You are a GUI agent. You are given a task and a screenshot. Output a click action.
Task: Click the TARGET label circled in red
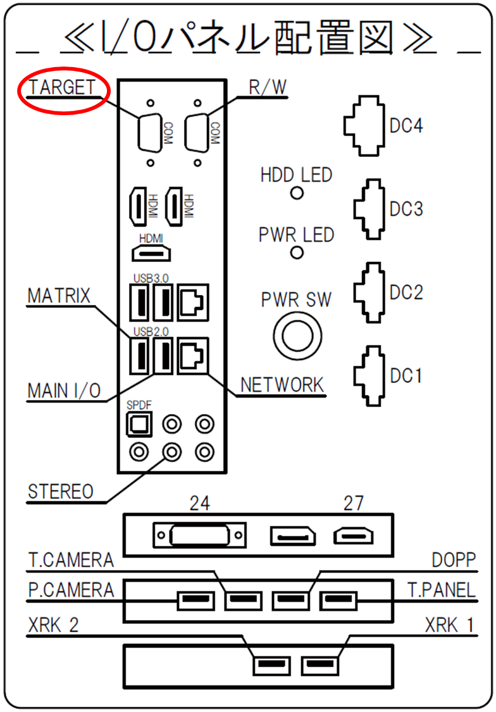coord(62,87)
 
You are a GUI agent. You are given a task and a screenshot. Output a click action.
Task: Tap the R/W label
coord(268,87)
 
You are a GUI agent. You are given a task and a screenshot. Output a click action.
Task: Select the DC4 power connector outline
coord(364,126)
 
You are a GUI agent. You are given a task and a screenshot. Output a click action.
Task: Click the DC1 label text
coord(406,376)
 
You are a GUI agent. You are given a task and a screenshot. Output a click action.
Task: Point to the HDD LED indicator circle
coord(297,193)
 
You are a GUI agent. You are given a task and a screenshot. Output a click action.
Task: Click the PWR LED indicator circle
coord(297,253)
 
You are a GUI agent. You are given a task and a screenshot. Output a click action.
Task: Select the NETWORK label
coord(282,385)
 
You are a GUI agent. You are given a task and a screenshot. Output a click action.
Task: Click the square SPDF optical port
coord(139,424)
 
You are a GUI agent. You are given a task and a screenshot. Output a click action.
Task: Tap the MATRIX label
coord(59,296)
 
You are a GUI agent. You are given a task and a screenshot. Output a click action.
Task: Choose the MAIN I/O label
coord(64,390)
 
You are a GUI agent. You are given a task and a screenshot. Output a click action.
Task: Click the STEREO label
coord(61,491)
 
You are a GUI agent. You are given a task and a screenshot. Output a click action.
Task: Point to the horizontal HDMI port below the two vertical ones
coord(151,253)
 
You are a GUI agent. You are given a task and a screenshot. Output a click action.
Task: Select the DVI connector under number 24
coord(200,535)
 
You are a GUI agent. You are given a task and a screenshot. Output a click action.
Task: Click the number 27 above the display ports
coord(354,503)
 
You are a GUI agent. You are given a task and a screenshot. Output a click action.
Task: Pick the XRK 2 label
coord(53,625)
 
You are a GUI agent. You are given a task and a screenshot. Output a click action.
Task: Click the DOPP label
coord(454,560)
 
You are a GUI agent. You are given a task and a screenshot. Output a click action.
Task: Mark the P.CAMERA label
coord(71,590)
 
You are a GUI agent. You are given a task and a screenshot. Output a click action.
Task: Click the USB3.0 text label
coord(151,278)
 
